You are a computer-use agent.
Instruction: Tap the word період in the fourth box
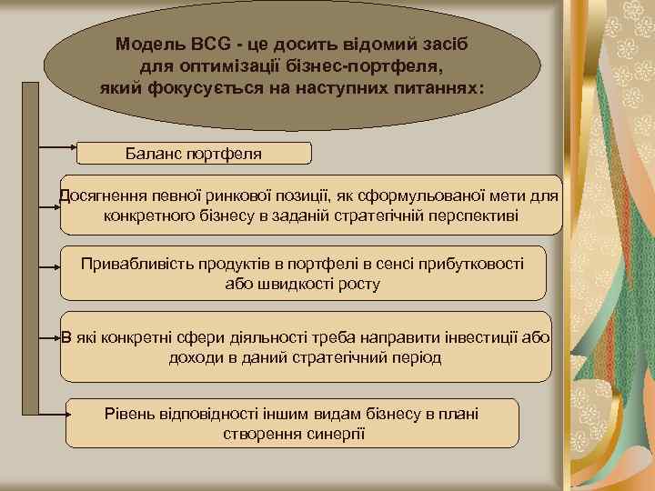pyautogui.click(x=416, y=357)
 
